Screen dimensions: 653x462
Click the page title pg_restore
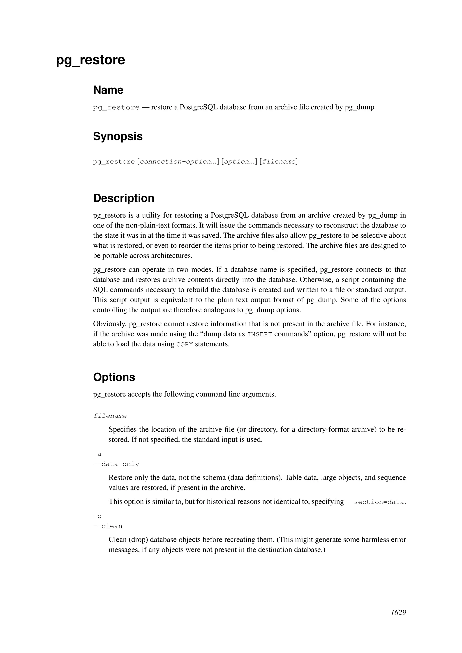tap(90, 60)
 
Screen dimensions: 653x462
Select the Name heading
tap(108, 90)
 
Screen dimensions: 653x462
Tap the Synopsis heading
tap(118, 136)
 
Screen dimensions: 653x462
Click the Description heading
tap(124, 198)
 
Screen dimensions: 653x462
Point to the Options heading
tap(114, 377)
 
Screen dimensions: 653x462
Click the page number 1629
tap(398, 621)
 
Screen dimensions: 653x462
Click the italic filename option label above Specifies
tap(110, 416)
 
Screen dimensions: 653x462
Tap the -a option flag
tap(97, 454)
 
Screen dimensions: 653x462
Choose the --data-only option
tap(116, 464)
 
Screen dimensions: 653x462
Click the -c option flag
tap(97, 516)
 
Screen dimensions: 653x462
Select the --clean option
tap(108, 526)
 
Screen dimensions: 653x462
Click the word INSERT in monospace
tap(259, 334)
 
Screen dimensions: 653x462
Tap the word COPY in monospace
tap(185, 344)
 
